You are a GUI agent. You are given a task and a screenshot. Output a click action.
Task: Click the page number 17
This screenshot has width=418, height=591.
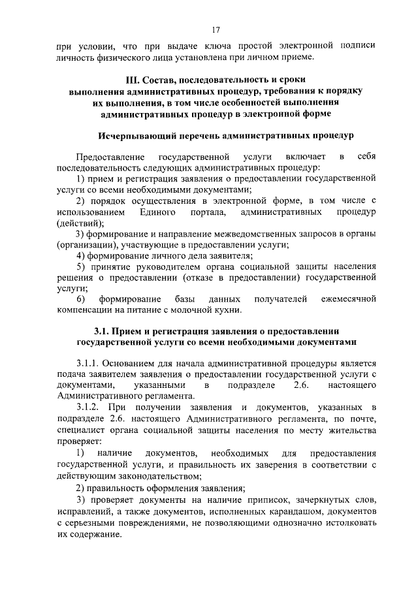(x=215, y=29)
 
